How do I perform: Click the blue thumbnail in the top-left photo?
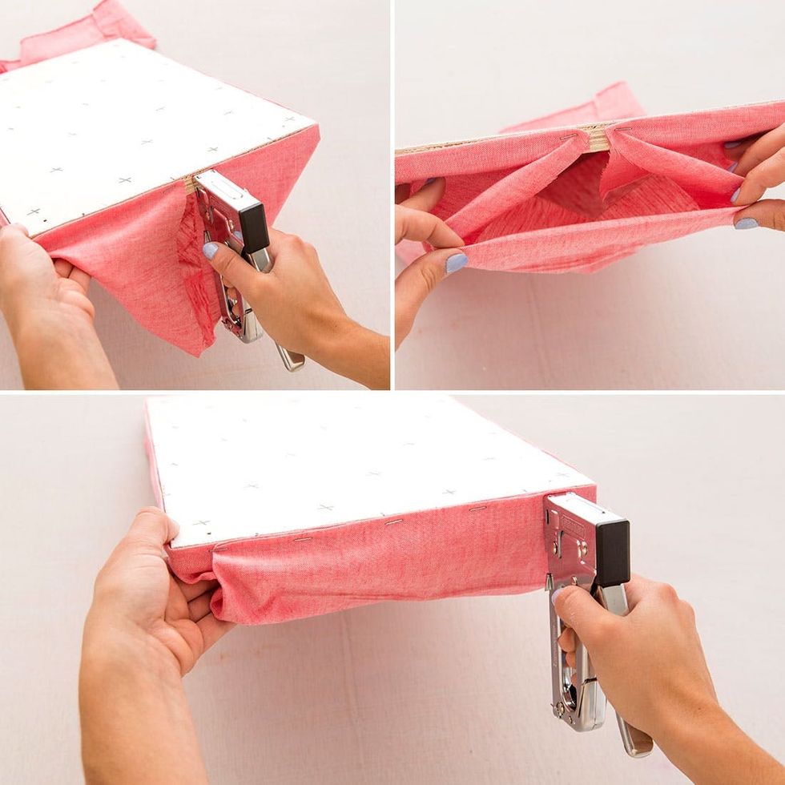coord(210,251)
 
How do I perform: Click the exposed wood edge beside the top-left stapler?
coord(190,184)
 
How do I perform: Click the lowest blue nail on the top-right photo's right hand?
coord(747,223)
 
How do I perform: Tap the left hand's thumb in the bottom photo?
coord(157,532)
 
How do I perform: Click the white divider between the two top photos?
coord(392,192)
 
